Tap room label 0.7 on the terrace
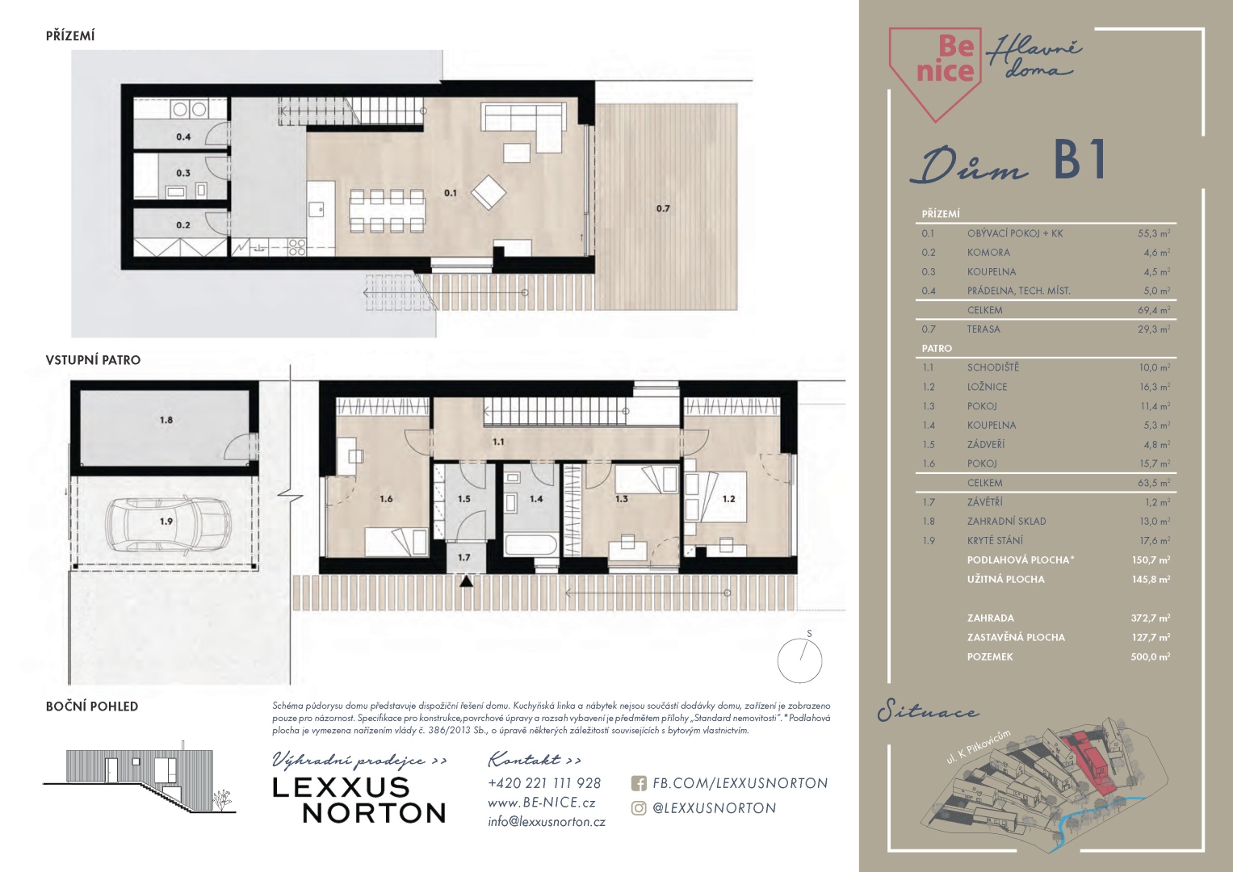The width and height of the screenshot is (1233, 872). coord(663,208)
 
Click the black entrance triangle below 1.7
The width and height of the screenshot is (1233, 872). coord(466,581)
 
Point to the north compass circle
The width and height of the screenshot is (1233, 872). coord(799,660)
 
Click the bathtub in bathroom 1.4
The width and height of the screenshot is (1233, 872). coord(531,545)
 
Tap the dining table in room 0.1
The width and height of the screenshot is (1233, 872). coord(387,211)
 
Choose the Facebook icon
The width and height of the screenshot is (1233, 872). coord(639,783)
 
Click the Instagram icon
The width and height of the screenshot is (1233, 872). coord(639,808)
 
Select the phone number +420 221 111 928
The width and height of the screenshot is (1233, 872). coord(544,783)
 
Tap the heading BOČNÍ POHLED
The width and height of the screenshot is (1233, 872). coord(92,706)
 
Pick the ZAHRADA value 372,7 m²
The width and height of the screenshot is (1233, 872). coord(1151,618)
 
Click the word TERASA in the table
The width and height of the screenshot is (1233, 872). coord(983,329)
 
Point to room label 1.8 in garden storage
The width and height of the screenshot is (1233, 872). coord(166,420)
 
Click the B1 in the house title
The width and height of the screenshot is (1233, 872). coord(1080,159)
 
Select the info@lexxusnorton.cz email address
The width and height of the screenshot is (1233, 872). coord(547,822)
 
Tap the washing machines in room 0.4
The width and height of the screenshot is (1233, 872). coord(190,110)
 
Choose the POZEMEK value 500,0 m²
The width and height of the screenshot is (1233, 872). coord(1151,656)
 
